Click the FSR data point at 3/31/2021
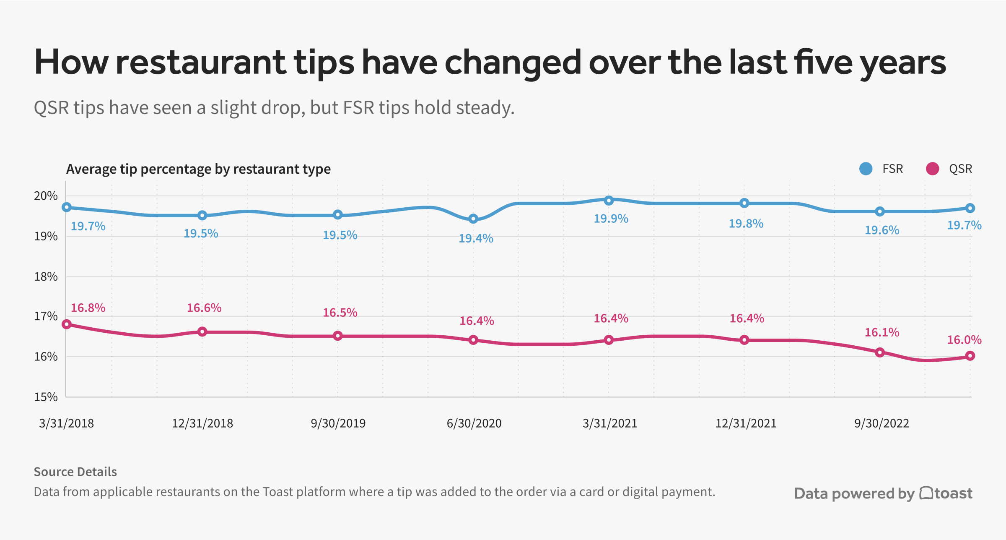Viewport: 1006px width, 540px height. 609,201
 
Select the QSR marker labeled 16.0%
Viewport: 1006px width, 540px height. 970,356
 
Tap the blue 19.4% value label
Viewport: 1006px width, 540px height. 476,238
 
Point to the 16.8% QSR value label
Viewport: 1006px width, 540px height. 88,308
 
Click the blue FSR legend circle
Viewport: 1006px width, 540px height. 866,169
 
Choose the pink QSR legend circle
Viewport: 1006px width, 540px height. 932,169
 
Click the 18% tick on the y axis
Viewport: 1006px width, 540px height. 46,277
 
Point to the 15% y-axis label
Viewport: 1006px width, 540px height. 46,397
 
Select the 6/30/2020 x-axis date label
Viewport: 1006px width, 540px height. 474,423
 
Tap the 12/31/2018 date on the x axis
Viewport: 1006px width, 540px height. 202,423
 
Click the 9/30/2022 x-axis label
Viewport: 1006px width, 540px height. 882,423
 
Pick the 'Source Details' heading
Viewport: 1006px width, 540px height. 75,472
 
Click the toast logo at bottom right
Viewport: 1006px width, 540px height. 946,493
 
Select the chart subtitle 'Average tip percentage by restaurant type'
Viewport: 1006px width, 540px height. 198,169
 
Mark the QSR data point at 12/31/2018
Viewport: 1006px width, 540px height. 202,332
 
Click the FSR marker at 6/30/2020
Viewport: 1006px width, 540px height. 473,219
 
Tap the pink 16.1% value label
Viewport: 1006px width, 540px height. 882,333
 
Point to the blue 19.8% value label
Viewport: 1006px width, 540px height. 746,224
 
